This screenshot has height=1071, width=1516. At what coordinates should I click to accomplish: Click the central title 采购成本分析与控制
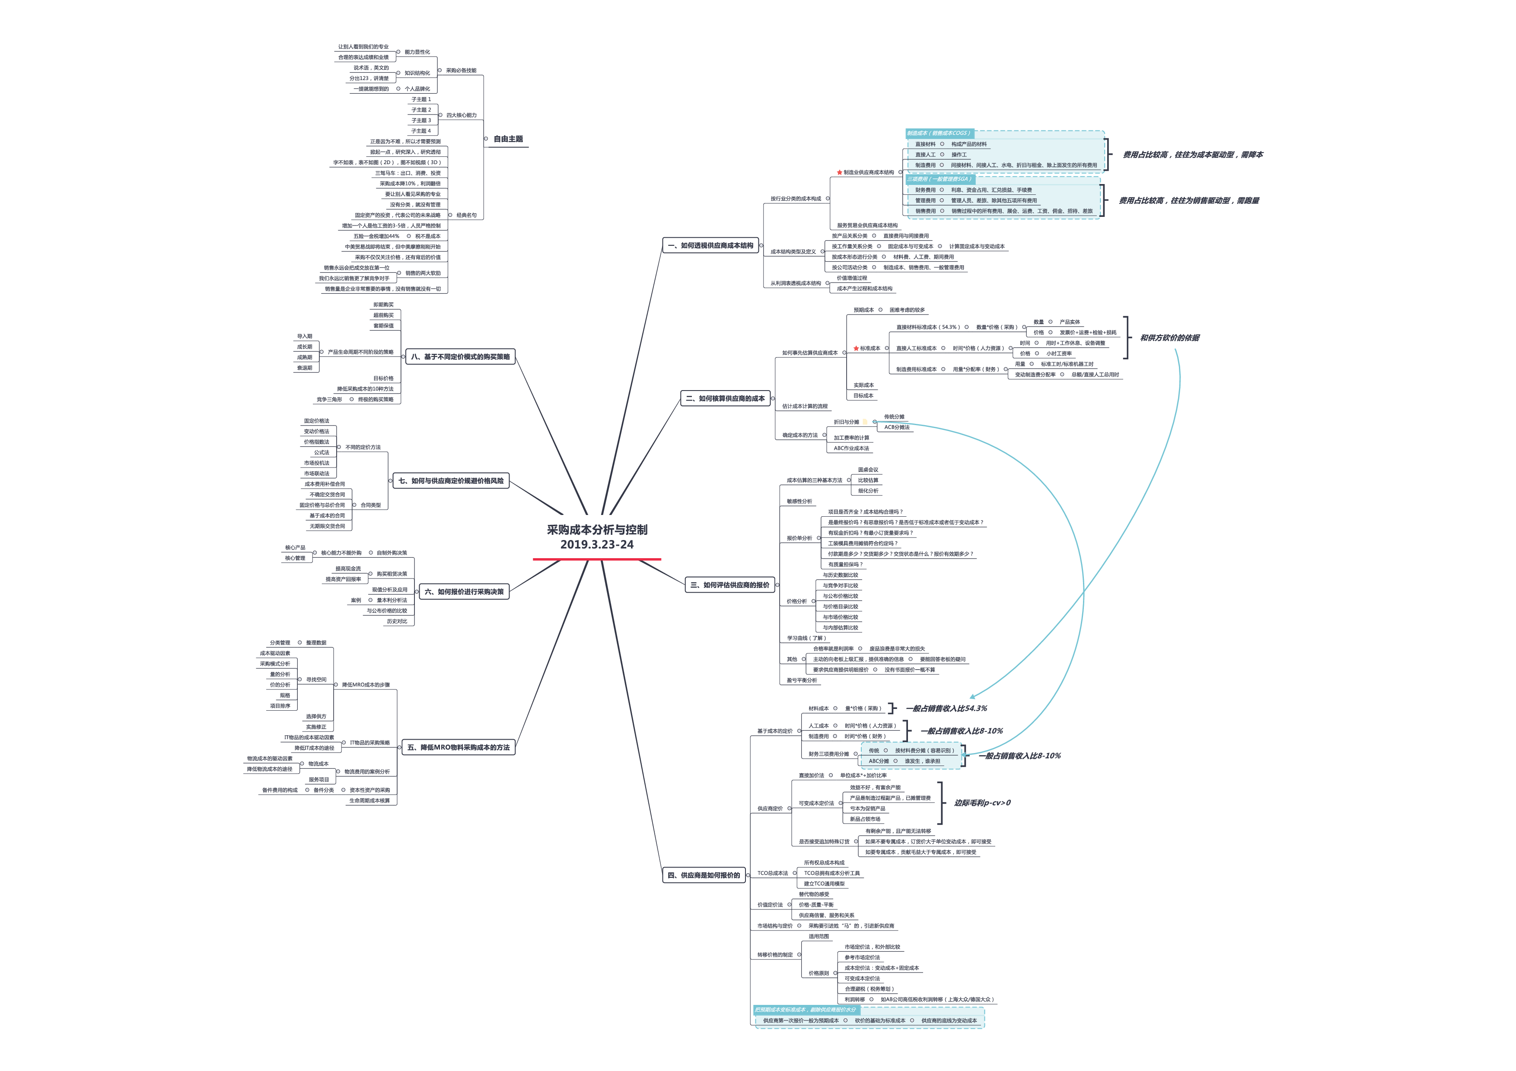597,530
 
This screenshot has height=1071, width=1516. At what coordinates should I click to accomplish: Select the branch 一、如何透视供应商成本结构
710,245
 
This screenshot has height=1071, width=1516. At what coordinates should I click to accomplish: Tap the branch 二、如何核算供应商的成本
725,399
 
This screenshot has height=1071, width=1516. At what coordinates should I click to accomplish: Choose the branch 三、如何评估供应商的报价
729,585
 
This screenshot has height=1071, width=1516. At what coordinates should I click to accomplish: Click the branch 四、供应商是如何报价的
704,875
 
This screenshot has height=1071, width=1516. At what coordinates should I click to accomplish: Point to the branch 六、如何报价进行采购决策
464,592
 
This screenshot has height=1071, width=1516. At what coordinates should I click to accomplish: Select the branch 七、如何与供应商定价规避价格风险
451,481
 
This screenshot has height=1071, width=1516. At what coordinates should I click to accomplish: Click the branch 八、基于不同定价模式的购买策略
460,357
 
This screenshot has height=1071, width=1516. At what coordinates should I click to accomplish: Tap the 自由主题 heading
508,139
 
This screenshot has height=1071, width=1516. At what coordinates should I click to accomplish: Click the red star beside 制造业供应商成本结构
839,173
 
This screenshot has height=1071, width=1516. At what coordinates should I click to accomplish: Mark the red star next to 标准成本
856,348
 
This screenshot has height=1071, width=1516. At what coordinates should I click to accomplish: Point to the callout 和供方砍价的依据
1169,338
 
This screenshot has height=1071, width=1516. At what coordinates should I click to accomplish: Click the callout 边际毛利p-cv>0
982,803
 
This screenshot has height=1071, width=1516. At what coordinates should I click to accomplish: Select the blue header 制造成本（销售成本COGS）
938,133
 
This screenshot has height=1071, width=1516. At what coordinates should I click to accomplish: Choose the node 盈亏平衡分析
802,680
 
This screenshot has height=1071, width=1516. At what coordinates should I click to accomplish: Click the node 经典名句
466,215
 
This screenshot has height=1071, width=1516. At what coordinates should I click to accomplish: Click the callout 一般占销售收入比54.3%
946,709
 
